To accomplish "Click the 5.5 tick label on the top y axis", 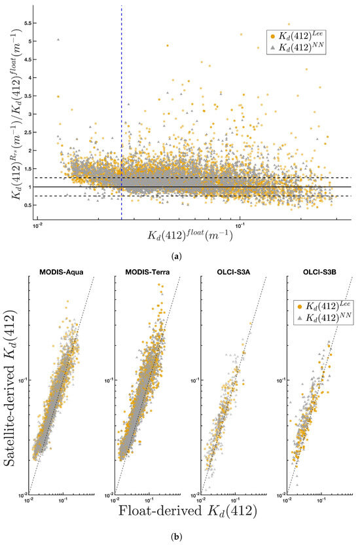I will pos(27,22).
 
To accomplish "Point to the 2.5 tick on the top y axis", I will pos(27,132).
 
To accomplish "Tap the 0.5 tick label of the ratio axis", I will pos(27,205).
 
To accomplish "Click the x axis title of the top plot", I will pos(189,235).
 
